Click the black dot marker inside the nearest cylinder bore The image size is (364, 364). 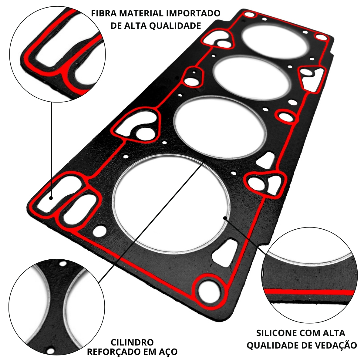point(224,218)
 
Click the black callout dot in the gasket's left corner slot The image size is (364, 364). point(51,198)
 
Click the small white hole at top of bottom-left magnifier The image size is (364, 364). point(62,264)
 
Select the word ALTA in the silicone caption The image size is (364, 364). point(334,333)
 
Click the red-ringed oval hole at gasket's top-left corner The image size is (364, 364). point(249,15)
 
